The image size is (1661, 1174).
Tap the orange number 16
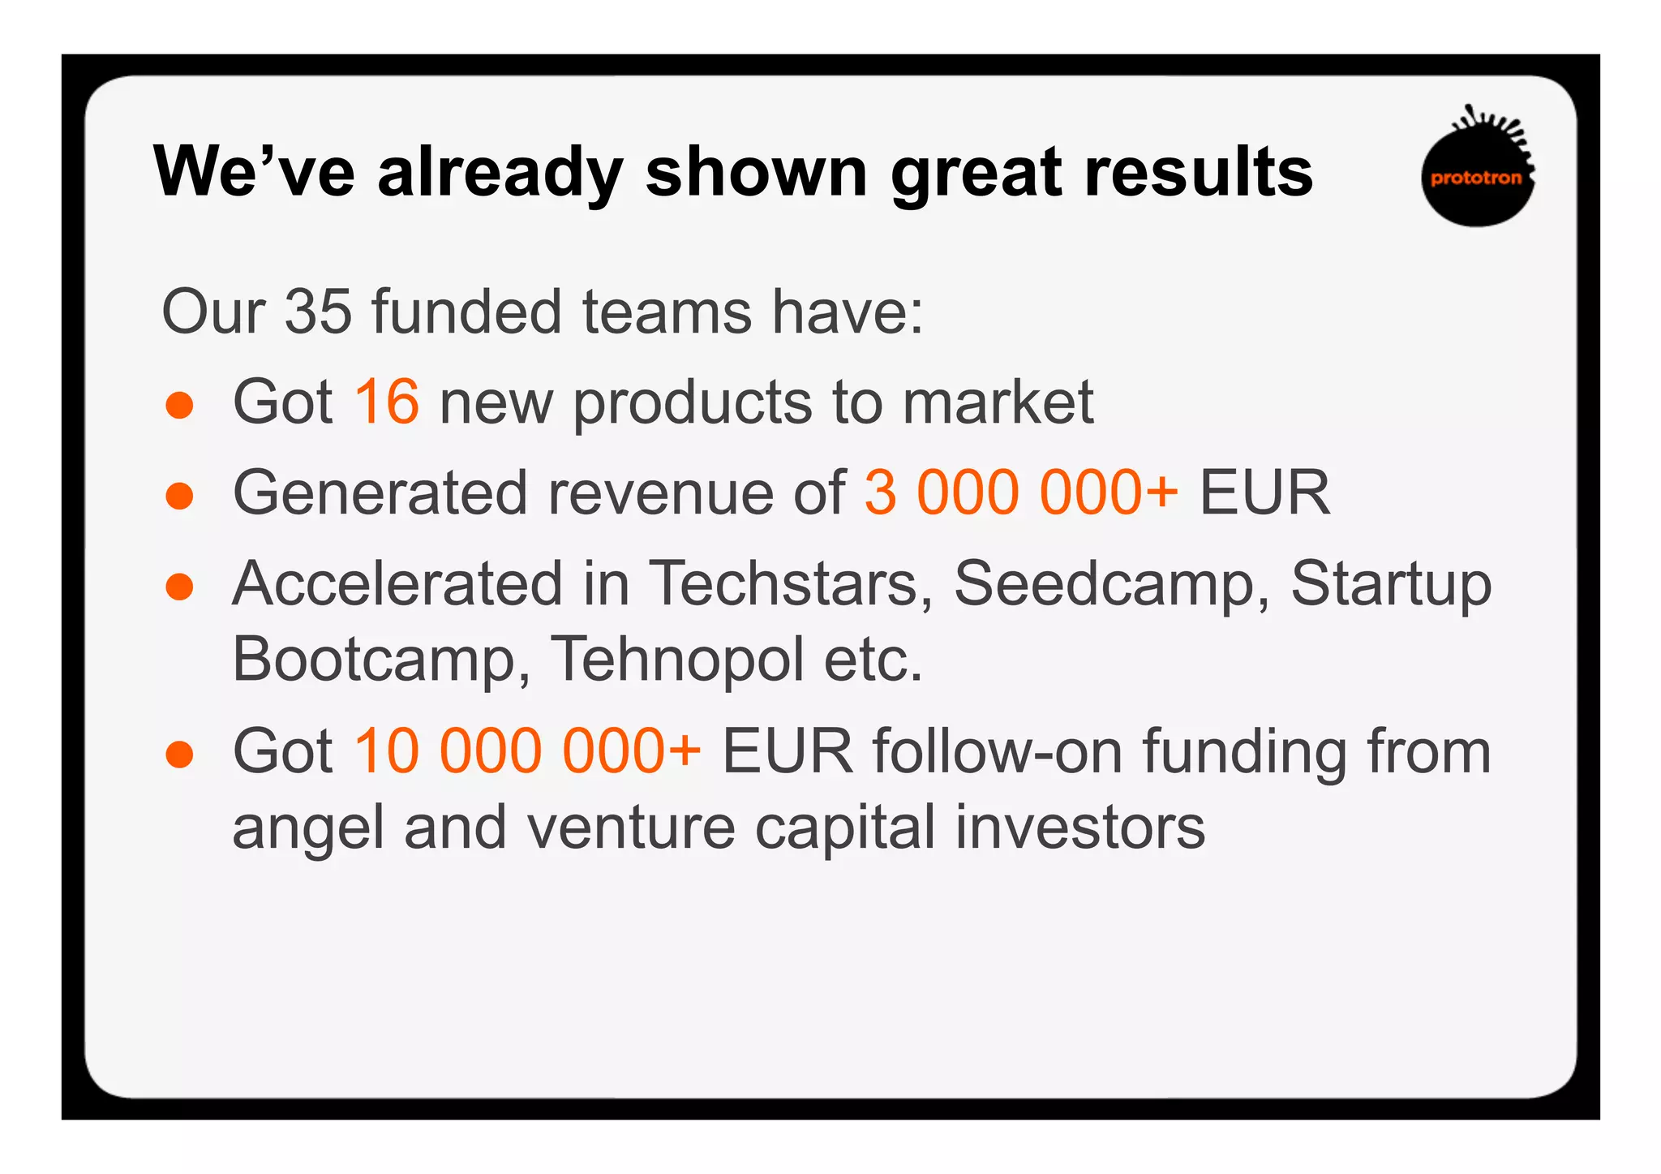click(386, 402)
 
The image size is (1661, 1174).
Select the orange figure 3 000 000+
click(1020, 492)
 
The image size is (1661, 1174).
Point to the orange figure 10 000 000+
click(527, 751)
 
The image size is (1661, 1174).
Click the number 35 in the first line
click(318, 312)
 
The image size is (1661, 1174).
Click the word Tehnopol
click(677, 659)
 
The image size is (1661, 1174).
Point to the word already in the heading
click(500, 172)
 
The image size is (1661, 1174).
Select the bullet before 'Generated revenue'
click(179, 496)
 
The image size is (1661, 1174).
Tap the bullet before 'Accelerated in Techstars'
click(179, 587)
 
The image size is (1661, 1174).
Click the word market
click(998, 402)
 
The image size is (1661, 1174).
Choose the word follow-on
click(998, 751)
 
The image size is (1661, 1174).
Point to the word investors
click(1079, 828)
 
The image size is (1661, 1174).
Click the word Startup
click(1390, 583)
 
